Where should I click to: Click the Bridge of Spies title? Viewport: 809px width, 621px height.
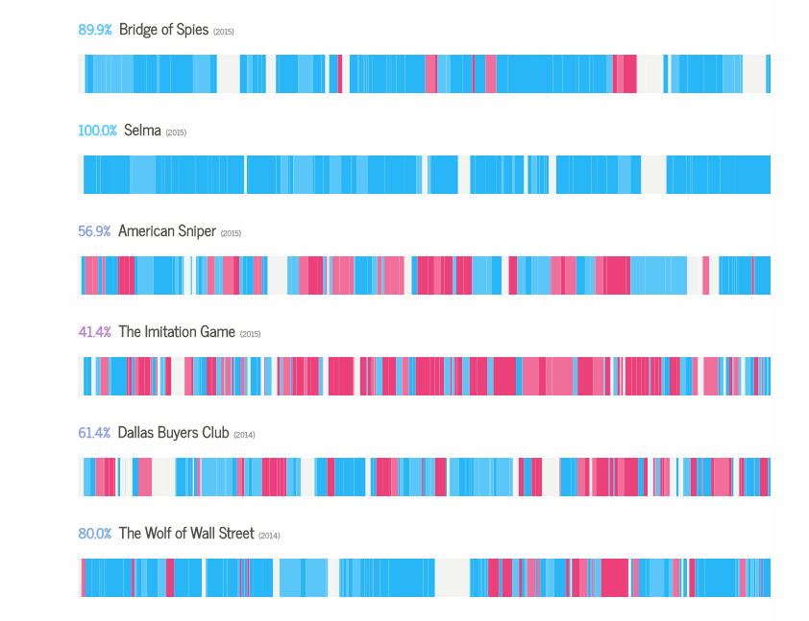click(163, 30)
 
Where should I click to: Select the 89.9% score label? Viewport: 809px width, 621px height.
click(95, 30)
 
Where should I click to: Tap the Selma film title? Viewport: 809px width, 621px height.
click(142, 131)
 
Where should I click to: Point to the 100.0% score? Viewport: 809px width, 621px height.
click(97, 131)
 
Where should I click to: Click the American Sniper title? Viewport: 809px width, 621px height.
click(168, 231)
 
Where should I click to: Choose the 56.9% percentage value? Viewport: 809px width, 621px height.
click(94, 231)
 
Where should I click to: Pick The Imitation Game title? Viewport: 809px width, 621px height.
click(177, 332)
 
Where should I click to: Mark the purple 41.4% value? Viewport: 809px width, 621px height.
click(95, 332)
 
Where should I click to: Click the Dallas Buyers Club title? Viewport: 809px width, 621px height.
click(174, 433)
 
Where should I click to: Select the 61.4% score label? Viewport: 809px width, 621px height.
click(94, 433)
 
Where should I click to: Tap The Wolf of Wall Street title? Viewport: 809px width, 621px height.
click(186, 534)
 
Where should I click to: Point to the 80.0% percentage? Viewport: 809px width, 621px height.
click(95, 534)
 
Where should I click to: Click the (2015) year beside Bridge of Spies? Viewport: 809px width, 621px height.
click(224, 32)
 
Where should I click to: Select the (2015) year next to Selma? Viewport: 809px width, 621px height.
click(176, 132)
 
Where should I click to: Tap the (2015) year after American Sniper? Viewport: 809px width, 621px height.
click(232, 233)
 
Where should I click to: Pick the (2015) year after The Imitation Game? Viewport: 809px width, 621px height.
click(250, 334)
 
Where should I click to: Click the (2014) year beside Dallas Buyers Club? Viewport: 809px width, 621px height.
click(244, 435)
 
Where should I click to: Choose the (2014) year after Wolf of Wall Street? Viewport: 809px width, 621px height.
click(269, 536)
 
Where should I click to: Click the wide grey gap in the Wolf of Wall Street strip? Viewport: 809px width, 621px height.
click(452, 578)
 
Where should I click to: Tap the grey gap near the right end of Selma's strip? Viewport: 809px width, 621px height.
click(653, 175)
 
